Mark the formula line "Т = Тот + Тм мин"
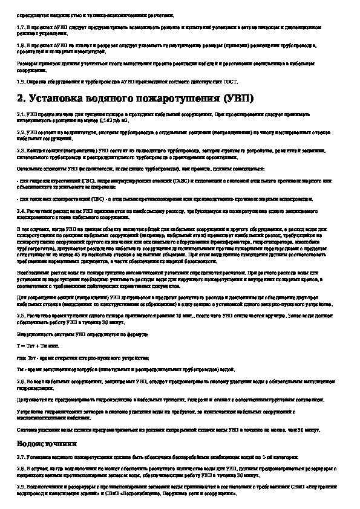pos(38,344)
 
